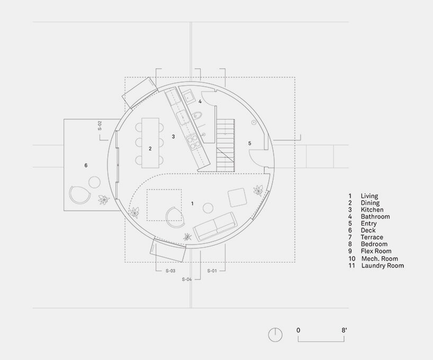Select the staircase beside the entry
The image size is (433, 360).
pyautogui.click(x=225, y=145)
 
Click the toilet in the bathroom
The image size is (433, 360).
pyautogui.click(x=198, y=115)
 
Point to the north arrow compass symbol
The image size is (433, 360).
pyautogui.click(x=275, y=335)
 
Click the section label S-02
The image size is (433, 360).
pyautogui.click(x=100, y=126)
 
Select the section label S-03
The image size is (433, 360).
pyautogui.click(x=170, y=271)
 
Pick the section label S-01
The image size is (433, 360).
pyautogui.click(x=212, y=271)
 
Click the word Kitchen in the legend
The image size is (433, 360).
pyautogui.click(x=373, y=210)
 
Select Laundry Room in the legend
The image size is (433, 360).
pyautogui.click(x=382, y=265)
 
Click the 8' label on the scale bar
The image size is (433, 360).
pyautogui.click(x=344, y=330)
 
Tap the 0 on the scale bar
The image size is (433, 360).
pyautogui.click(x=299, y=330)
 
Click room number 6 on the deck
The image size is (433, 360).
pyautogui.click(x=86, y=166)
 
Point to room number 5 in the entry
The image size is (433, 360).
pyautogui.click(x=250, y=143)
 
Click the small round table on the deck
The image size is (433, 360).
pyautogui.click(x=94, y=182)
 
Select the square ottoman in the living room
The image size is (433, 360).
pyautogui.click(x=237, y=198)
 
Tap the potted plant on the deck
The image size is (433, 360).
pyautogui.click(x=104, y=200)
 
